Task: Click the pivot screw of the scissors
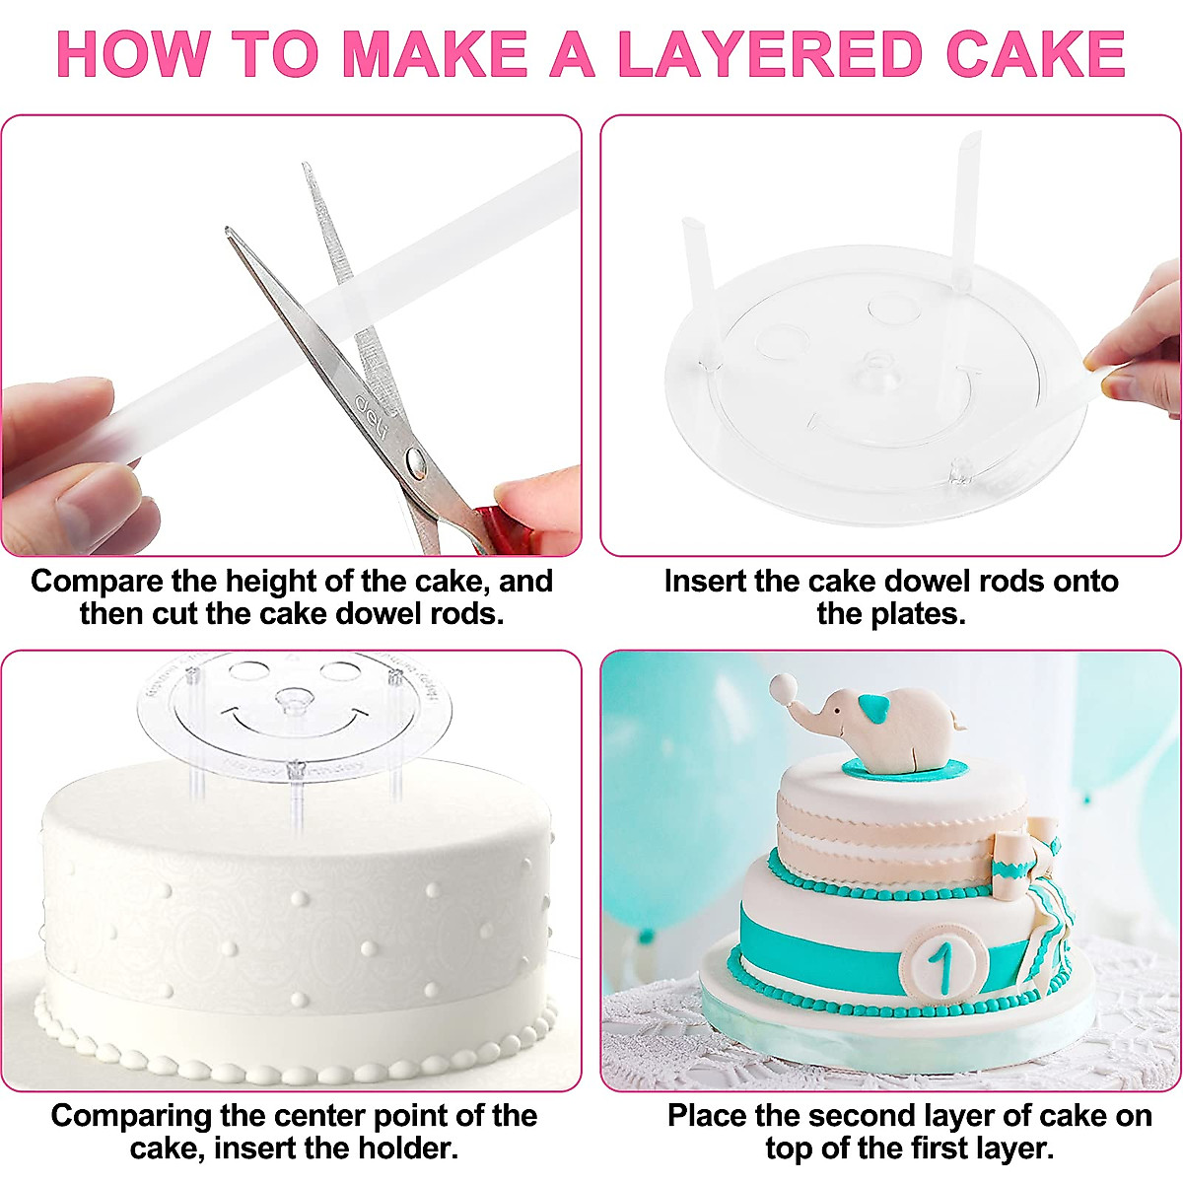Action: click(x=415, y=457)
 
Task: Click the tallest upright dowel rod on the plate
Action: click(x=965, y=212)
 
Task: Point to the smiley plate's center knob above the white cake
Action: click(x=294, y=702)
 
